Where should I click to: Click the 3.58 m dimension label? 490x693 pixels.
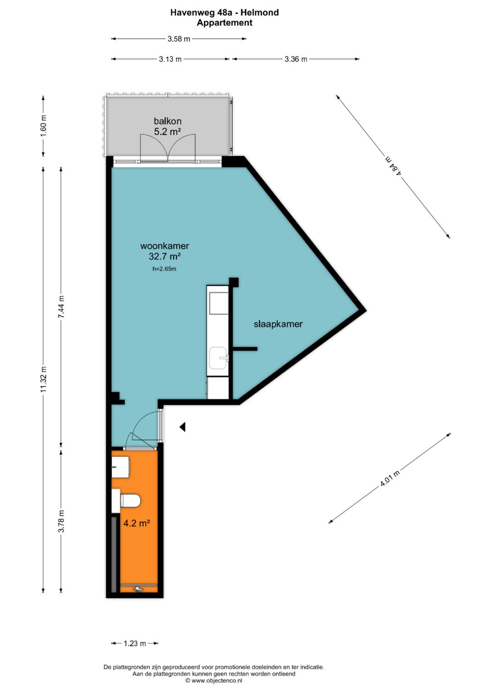coord(179,39)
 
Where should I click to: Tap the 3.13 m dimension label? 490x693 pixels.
coord(170,59)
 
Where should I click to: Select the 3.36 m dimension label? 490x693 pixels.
coord(296,59)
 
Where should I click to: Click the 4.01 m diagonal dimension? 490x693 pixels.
coord(390,478)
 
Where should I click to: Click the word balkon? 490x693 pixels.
coord(168,121)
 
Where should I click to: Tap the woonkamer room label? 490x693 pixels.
coord(165,246)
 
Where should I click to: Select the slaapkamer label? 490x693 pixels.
coord(278,324)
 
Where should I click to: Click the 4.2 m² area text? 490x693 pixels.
coord(137,523)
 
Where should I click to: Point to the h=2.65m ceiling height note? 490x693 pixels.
coord(164,269)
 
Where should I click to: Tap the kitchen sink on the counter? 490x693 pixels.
coord(218,358)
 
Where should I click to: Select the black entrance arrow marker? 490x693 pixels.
coord(182,427)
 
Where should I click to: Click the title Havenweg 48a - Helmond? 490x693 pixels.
coord(225,12)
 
